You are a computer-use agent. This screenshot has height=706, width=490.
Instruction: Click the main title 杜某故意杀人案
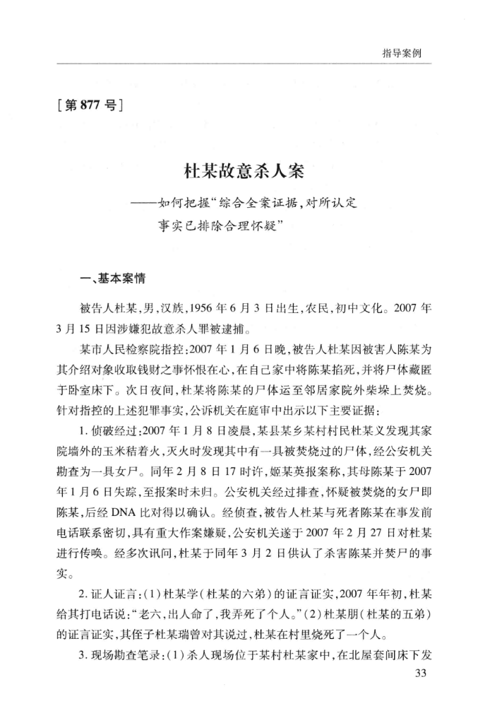244,172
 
